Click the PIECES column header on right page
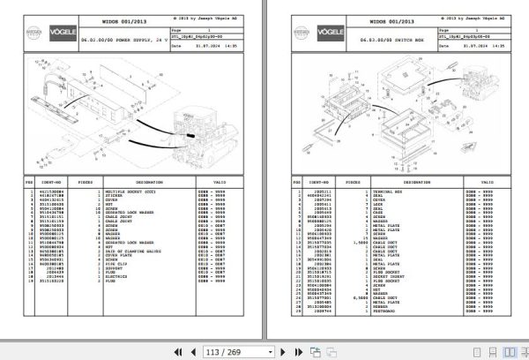point(355,182)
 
